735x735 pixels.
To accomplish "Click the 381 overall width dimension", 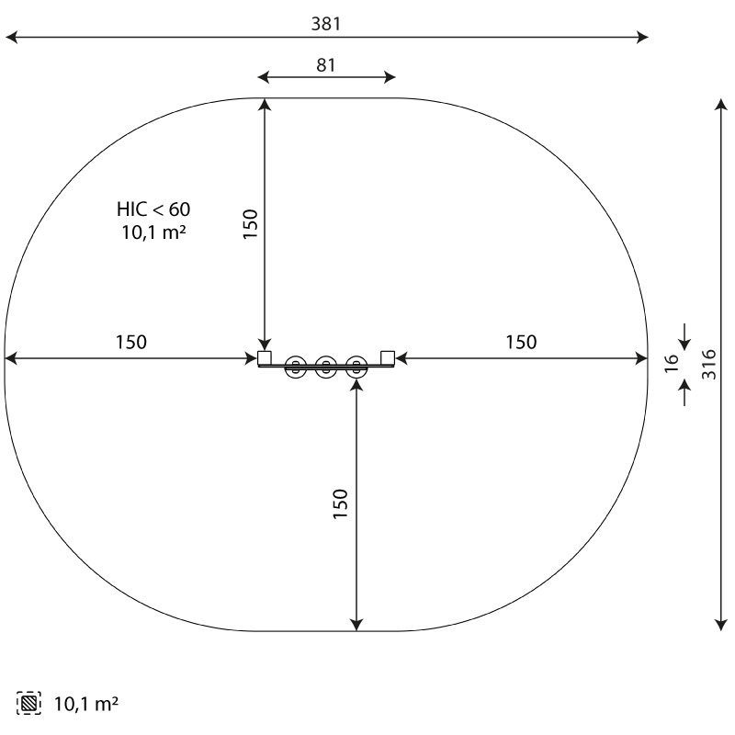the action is click(x=326, y=24).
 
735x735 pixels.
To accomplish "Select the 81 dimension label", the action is click(x=326, y=65).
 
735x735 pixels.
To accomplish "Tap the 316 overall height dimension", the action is click(x=709, y=364).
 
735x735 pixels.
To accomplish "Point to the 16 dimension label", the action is click(x=672, y=363).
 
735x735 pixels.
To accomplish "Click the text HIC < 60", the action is click(x=153, y=209).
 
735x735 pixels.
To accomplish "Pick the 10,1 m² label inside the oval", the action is click(x=153, y=232).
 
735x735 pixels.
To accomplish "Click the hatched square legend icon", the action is click(x=28, y=703).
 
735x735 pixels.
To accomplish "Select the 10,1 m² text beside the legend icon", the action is click(x=86, y=704).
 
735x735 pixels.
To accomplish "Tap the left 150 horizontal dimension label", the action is click(x=131, y=342).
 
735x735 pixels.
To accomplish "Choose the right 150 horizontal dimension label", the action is click(x=521, y=342).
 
